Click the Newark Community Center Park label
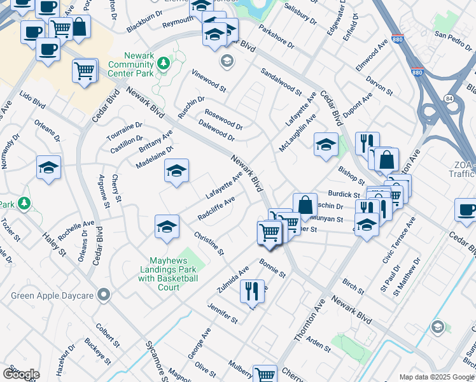[x=132, y=69]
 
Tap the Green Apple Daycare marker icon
[x=105, y=295]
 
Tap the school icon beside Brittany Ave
[x=177, y=170]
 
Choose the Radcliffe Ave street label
[x=216, y=208]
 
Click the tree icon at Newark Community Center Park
[x=164, y=62]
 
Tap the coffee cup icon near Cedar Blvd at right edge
[x=466, y=209]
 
